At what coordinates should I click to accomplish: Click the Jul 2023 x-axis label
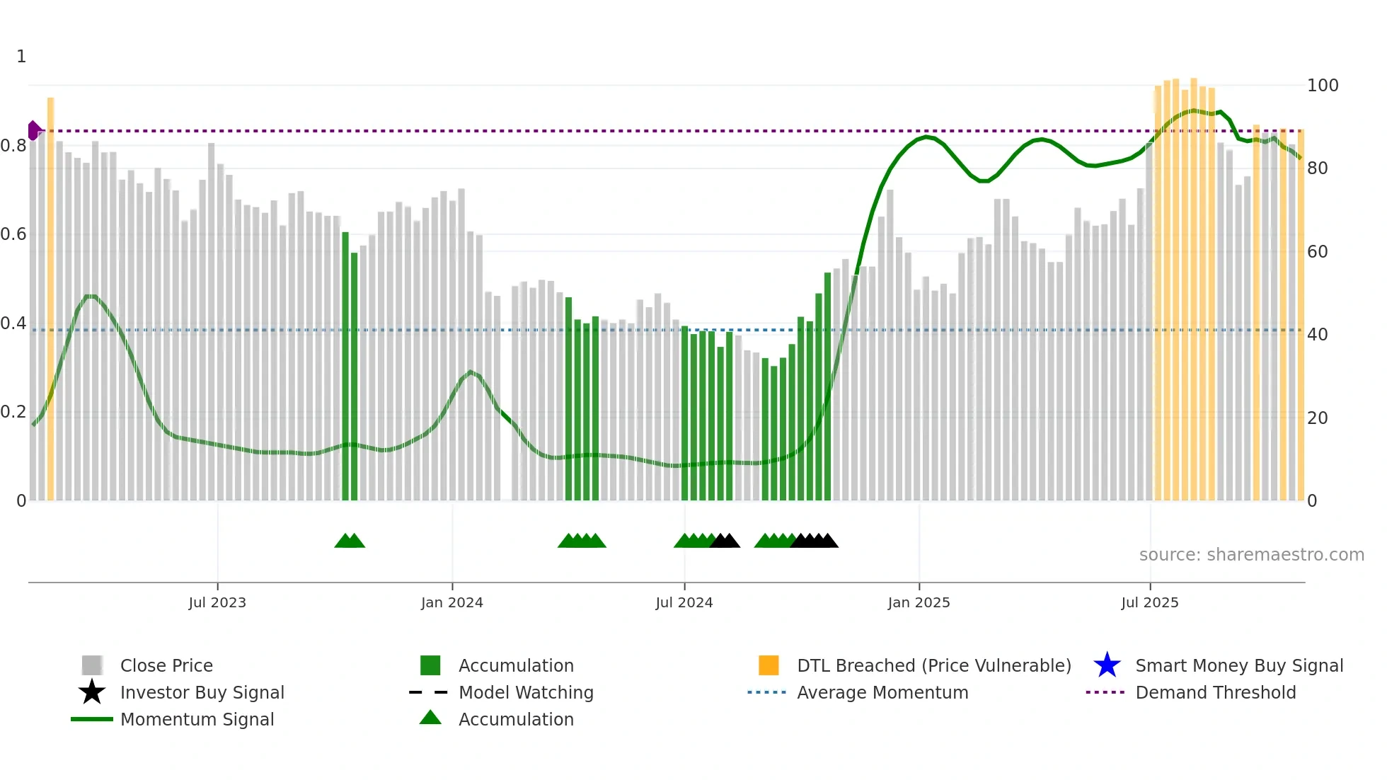217,602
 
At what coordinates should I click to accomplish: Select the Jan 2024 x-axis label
451,602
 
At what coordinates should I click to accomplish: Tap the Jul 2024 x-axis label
684,602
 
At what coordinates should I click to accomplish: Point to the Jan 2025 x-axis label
919,602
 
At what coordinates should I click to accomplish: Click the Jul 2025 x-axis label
1150,602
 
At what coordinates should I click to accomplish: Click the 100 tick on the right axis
1323,86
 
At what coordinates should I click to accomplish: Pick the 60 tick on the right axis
1318,252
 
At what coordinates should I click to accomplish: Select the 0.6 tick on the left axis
13,234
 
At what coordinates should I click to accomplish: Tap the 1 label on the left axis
21,57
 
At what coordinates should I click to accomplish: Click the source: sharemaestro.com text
1251,555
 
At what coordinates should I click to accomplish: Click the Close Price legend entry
166,665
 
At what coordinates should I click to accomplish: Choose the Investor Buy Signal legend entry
202,692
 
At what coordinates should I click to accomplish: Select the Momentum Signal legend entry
197,719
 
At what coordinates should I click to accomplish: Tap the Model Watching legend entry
526,692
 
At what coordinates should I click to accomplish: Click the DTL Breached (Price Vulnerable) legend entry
933,665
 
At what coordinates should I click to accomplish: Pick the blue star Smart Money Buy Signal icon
1107,665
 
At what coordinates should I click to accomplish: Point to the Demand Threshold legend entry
1215,692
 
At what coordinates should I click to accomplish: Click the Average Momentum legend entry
882,692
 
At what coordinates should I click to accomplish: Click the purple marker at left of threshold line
33,131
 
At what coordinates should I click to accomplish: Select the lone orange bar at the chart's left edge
51,297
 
